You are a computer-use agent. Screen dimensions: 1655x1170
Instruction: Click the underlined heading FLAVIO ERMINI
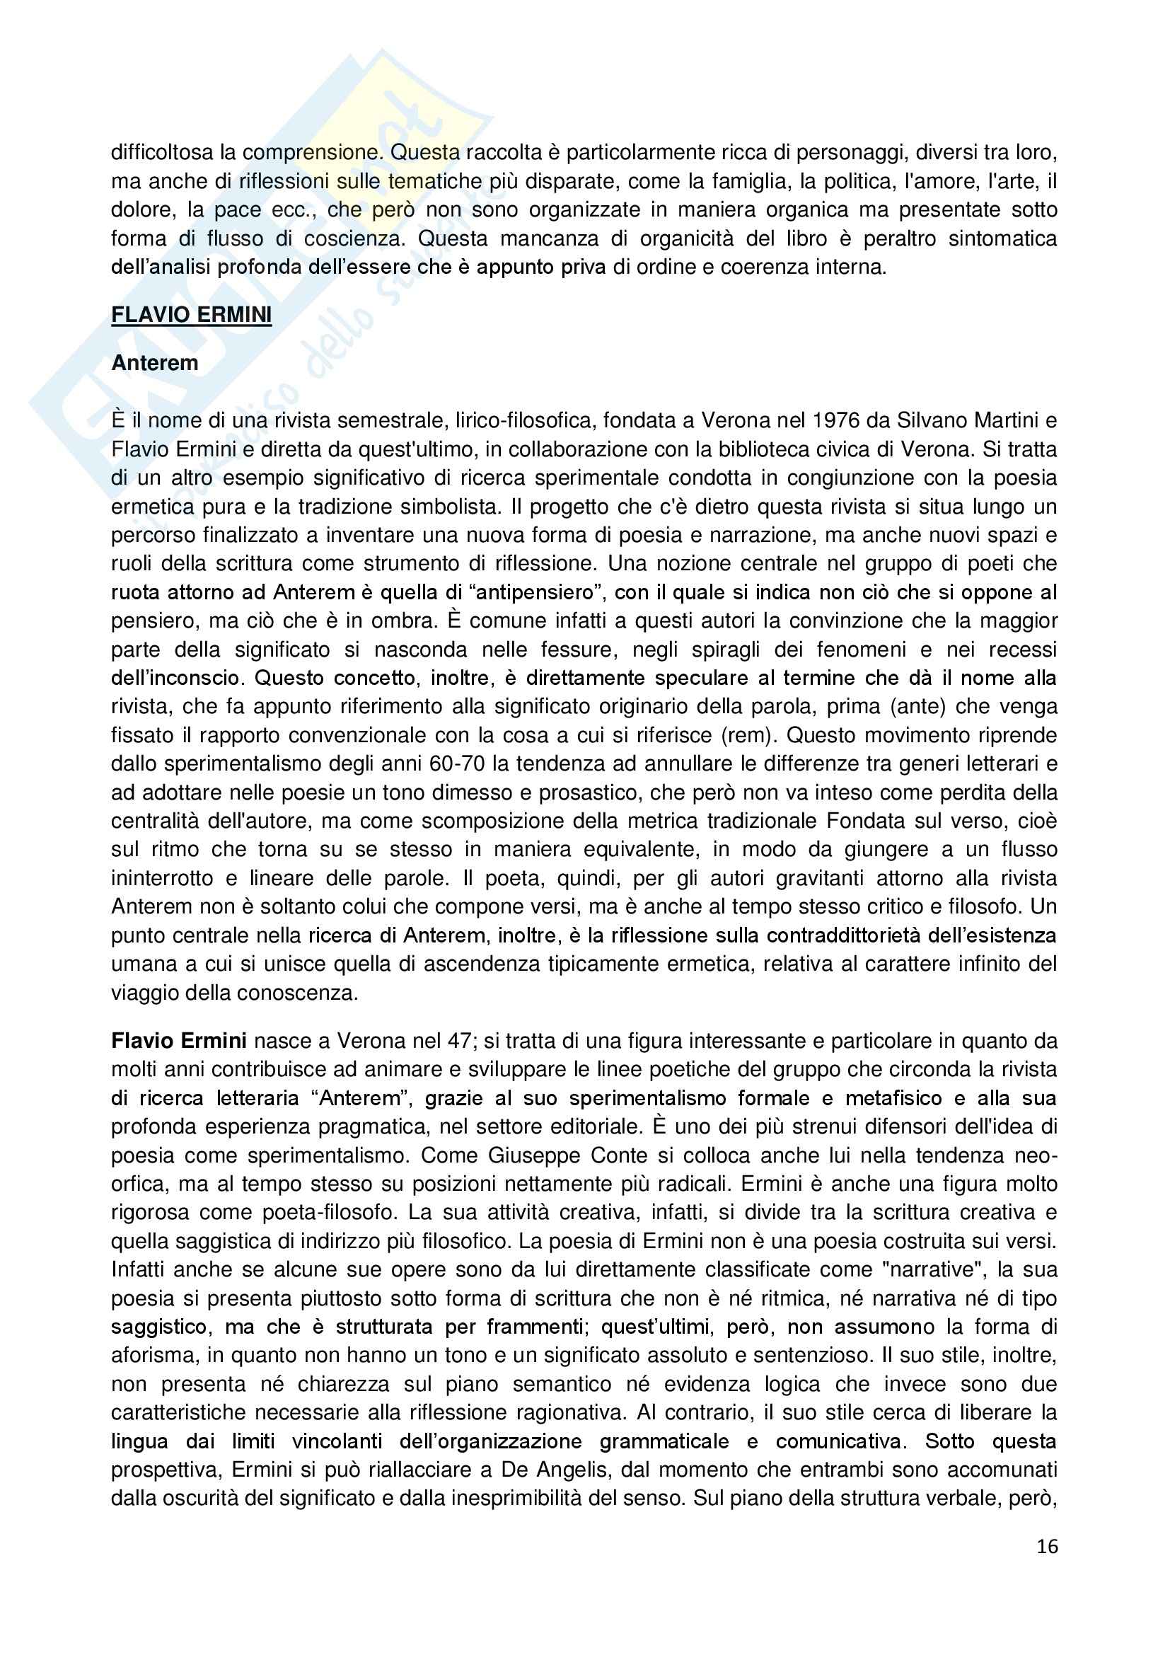pyautogui.click(x=191, y=316)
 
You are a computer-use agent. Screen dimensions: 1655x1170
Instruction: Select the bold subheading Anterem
pyautogui.click(x=154, y=363)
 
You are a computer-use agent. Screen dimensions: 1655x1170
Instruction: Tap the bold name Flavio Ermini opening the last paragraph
pyautogui.click(x=179, y=1041)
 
